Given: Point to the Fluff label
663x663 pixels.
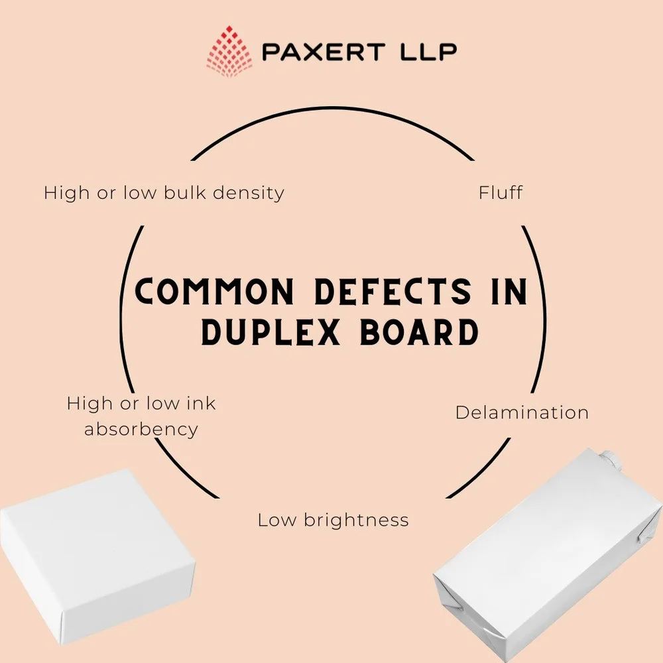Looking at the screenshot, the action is pos(501,193).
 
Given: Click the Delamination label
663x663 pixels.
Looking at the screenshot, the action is pos(522,412).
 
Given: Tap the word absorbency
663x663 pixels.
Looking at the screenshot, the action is pos(141,429).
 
